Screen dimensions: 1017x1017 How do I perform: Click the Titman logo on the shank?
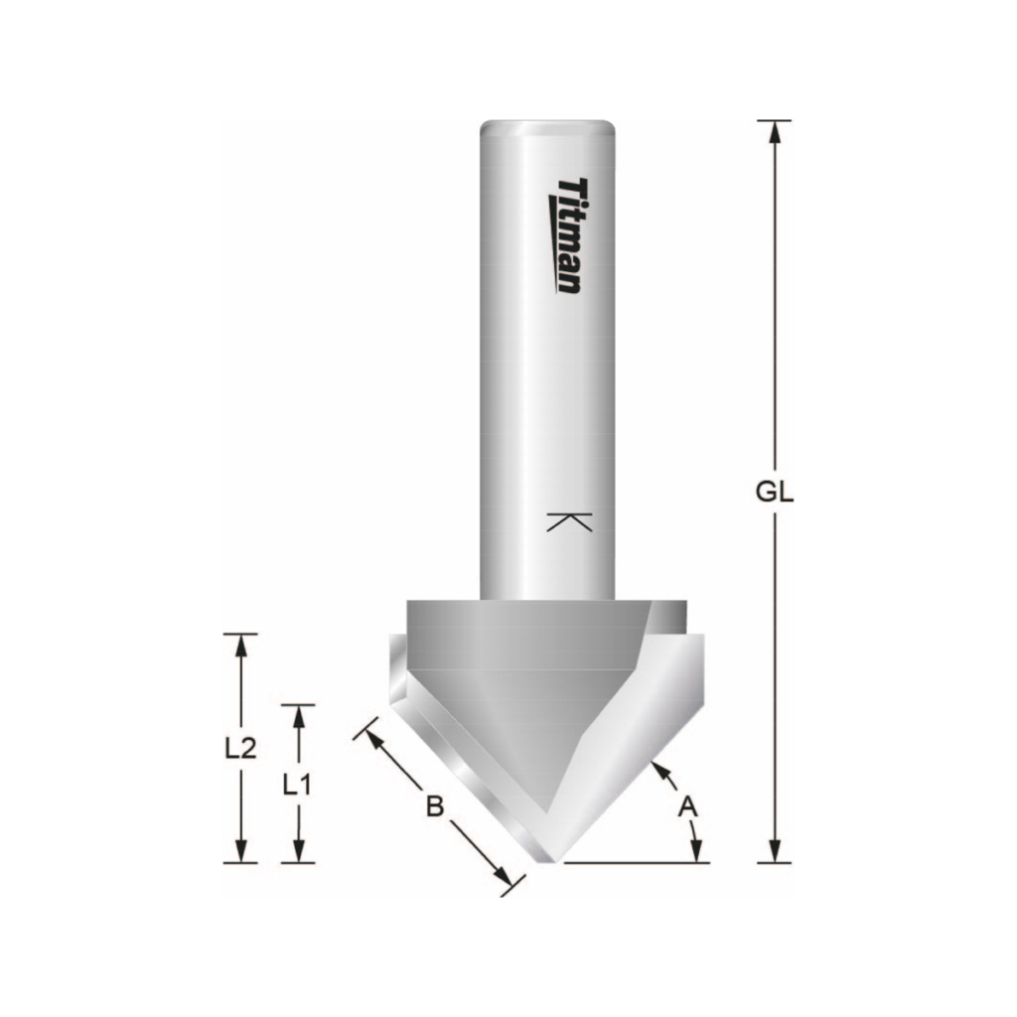tap(569, 236)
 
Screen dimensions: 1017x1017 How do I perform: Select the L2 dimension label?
tap(240, 748)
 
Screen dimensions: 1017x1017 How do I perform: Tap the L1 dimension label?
tap(298, 785)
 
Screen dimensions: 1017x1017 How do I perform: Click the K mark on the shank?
tap(569, 522)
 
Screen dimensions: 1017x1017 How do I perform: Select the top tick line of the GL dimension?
tap(775, 120)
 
